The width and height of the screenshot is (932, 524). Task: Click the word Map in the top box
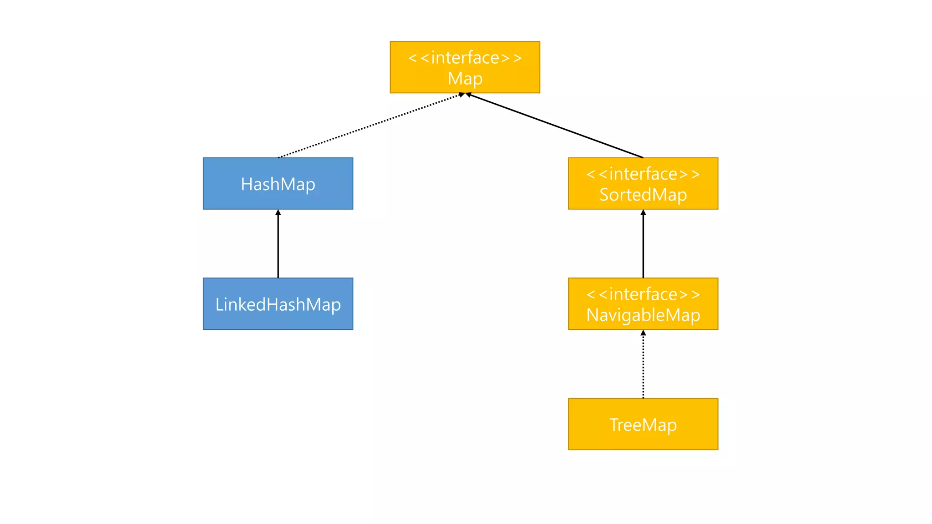(x=465, y=79)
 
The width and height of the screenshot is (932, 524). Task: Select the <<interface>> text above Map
(x=465, y=58)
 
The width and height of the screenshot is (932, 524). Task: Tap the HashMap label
(x=278, y=184)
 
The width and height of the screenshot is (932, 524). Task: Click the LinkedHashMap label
(x=278, y=304)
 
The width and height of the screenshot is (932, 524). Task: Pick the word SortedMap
(x=643, y=195)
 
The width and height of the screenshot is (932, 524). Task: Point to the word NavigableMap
(x=643, y=315)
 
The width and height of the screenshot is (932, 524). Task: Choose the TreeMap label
(x=643, y=425)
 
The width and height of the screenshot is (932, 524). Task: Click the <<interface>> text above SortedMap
(x=643, y=174)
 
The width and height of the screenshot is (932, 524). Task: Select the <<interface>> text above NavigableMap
(x=643, y=294)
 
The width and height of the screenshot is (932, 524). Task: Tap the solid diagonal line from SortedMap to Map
(x=555, y=126)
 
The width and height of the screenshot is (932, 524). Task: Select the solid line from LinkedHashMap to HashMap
(x=278, y=246)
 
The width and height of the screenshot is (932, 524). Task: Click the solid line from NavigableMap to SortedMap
(x=643, y=246)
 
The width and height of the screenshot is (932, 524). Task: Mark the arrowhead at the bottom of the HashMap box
(x=278, y=212)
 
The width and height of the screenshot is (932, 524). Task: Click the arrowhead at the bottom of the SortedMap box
(x=643, y=212)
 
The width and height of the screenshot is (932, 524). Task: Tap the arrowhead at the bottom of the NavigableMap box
(x=643, y=333)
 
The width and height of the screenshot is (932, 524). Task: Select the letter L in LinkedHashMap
(x=219, y=304)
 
